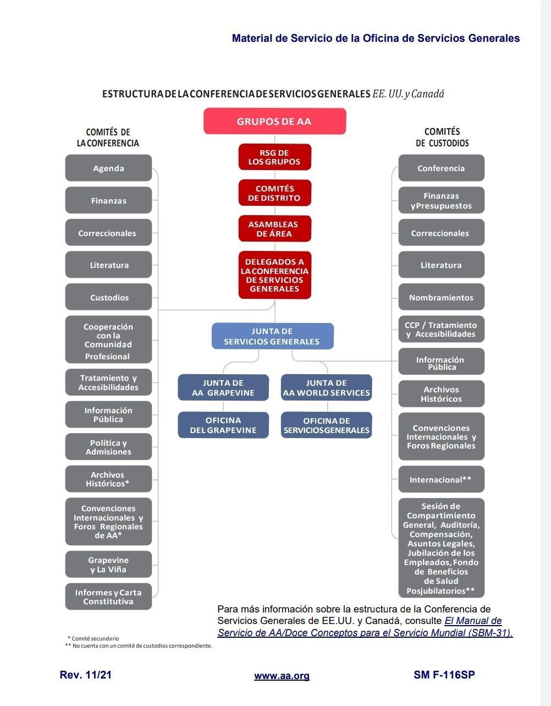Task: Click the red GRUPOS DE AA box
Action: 274,121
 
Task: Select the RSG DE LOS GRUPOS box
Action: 274,157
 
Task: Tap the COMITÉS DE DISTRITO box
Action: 274,193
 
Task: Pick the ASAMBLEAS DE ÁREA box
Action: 274,229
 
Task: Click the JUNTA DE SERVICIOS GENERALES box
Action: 273,336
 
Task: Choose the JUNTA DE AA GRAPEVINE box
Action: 223,388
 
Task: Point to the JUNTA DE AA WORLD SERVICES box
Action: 327,388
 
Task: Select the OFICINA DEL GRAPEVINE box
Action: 223,425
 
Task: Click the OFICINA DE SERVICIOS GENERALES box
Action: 327,425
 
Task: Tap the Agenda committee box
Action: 108,168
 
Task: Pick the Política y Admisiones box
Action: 108,447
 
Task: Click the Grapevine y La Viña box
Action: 108,565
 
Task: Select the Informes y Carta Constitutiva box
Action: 108,597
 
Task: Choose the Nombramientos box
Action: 441,298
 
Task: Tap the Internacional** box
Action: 441,480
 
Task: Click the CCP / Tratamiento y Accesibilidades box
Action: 441,330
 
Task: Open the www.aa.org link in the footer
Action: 282,676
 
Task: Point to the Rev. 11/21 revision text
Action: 86,675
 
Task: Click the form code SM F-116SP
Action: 444,675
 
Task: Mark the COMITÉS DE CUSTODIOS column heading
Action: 442,138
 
